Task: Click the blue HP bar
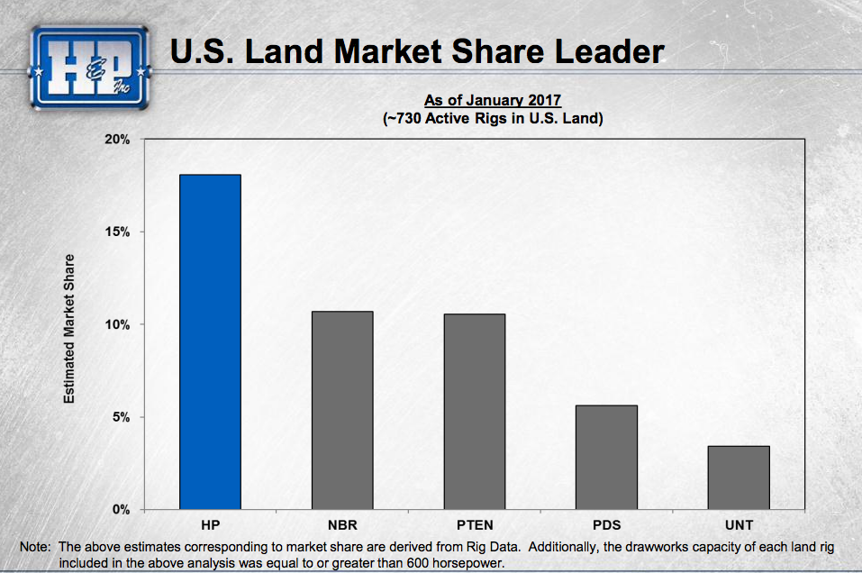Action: [210, 342]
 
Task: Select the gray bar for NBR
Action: [341, 411]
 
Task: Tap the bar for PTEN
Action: [474, 412]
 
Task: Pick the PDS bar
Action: [606, 458]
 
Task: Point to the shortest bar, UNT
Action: [739, 477]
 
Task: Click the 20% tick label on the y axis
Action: [121, 141]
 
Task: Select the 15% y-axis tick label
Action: [121, 232]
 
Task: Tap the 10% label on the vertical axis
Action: [121, 324]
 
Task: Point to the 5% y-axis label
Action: [124, 417]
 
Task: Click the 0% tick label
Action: [124, 510]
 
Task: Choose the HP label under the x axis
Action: [210, 525]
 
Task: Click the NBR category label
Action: [342, 525]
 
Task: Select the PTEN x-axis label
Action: [474, 525]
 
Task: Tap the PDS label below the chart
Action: [606, 525]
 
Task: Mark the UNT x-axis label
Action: [739, 525]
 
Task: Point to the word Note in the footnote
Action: [34, 547]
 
